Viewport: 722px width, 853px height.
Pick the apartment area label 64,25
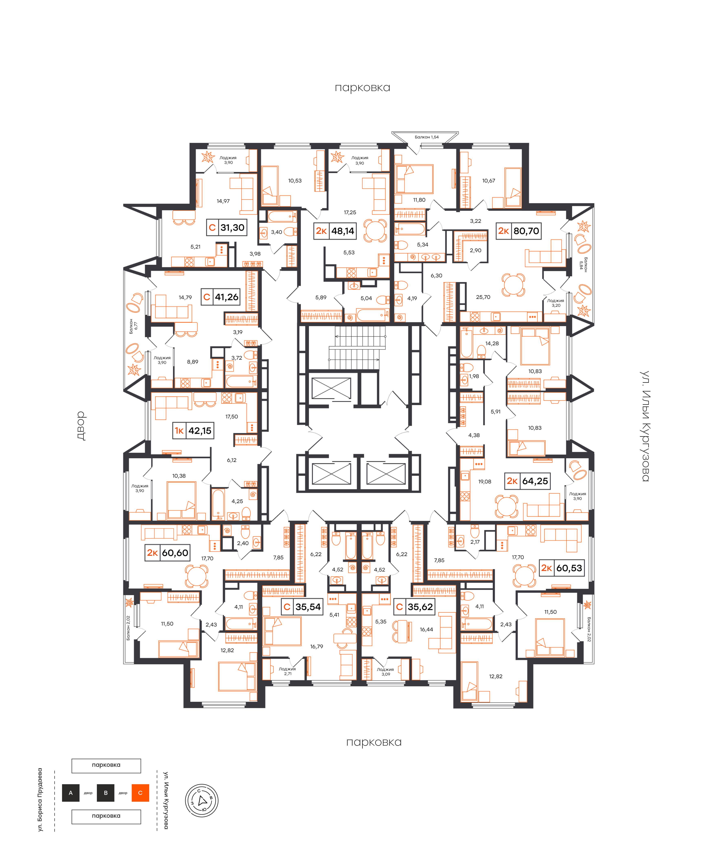[x=535, y=481]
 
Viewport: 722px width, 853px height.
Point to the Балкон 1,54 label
[x=427, y=137]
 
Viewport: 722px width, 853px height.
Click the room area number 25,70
[x=483, y=297]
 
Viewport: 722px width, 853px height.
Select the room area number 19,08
[x=485, y=482]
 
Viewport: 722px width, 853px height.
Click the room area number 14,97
[x=223, y=201]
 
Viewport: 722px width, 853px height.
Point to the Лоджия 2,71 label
[x=287, y=671]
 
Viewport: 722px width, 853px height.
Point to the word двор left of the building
[x=81, y=426]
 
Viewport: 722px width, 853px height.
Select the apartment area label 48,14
[x=343, y=231]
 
